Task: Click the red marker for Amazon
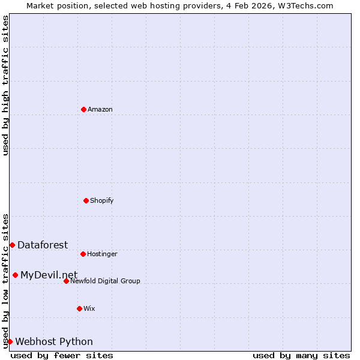pos(83,109)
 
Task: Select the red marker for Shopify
pos(86,200)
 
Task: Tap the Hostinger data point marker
pos(83,254)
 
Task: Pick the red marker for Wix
pos(79,308)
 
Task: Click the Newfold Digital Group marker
pos(66,281)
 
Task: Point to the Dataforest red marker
pos(12,245)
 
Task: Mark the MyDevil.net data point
pos(15,275)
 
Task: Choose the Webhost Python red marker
pos(10,341)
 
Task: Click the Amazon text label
pos(100,109)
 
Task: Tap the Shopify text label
pos(102,200)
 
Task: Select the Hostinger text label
pos(102,254)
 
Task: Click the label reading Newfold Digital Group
pos(105,281)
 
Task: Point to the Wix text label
pos(89,308)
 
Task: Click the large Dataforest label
pos(43,245)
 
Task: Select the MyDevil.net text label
pos(49,275)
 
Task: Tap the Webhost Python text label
pos(54,341)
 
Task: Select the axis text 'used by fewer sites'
pos(62,355)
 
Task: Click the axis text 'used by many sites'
pos(301,355)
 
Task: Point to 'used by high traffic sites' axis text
pos(5,85)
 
